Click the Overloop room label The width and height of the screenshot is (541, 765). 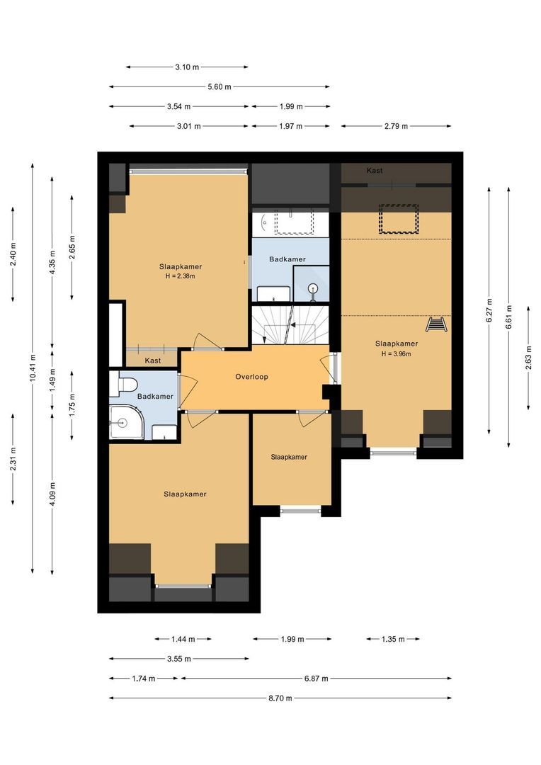(251, 377)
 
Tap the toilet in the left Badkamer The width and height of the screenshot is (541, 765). (127, 385)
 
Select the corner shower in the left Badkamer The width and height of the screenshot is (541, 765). (125, 424)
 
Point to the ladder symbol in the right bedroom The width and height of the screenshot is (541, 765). (436, 324)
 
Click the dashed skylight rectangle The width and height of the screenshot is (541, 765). (399, 219)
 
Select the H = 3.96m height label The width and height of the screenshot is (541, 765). (396, 353)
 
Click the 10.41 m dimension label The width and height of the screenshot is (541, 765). (33, 368)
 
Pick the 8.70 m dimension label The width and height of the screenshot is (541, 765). (280, 698)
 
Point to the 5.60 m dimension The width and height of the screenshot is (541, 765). (219, 87)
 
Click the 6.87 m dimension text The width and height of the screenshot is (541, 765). (316, 678)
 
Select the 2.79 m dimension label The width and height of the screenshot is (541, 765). (396, 126)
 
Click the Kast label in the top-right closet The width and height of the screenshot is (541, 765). (375, 171)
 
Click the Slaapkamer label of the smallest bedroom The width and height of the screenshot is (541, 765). (289, 457)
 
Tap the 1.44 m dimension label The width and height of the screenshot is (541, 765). (183, 639)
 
